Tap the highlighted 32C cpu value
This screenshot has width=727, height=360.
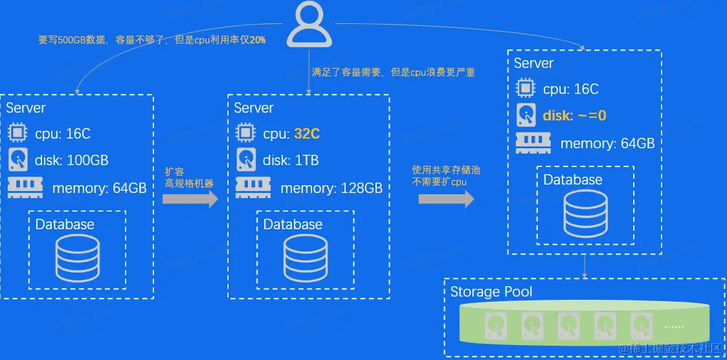(x=307, y=134)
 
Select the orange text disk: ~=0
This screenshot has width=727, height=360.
(x=575, y=116)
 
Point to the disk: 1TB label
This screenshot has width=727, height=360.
(x=291, y=160)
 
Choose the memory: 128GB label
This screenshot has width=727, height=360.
(x=331, y=188)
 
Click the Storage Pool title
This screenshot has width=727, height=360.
(x=491, y=291)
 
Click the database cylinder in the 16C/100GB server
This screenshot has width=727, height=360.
(x=77, y=257)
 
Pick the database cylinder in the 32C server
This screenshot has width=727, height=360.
(x=305, y=257)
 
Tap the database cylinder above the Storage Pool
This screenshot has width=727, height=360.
(x=585, y=213)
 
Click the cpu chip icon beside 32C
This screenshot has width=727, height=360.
(x=245, y=133)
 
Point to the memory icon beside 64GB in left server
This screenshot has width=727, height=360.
(x=25, y=187)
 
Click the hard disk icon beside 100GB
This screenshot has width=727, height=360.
(x=17, y=160)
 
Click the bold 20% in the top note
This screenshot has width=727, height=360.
(x=258, y=39)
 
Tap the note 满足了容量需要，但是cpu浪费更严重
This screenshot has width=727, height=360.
(x=394, y=73)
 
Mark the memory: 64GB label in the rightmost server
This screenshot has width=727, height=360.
(x=607, y=144)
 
